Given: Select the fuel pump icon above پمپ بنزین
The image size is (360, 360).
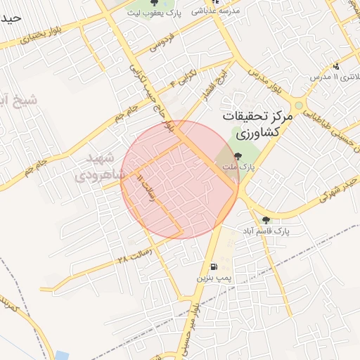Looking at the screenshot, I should click(x=214, y=266).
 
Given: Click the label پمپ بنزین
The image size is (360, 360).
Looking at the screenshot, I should click(x=214, y=279).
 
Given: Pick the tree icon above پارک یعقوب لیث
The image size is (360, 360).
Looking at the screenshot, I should click(x=153, y=1).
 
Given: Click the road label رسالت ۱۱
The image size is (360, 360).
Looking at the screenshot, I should click(x=146, y=188).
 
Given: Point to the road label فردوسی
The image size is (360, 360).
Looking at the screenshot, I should click(x=160, y=44).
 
